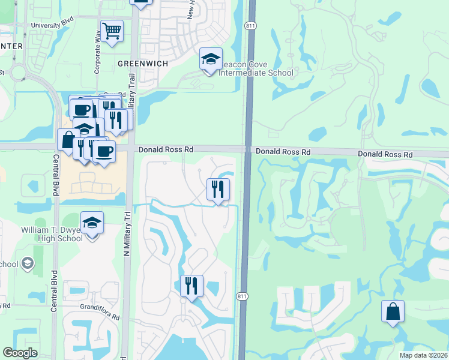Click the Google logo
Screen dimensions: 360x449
[20, 353]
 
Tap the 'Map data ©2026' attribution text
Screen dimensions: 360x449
[424, 355]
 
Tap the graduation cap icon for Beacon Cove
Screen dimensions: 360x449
[211, 59]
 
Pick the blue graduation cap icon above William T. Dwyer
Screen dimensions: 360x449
[92, 223]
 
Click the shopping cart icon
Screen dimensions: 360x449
[112, 31]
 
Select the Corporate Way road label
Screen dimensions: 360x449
[98, 45]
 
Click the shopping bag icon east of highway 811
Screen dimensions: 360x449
[393, 312]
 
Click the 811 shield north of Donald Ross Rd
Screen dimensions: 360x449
[250, 25]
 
